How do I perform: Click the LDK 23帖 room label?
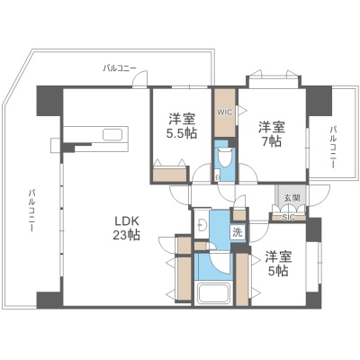tap(126, 228)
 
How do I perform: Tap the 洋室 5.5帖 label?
tap(182, 126)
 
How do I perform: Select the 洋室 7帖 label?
tap(272, 134)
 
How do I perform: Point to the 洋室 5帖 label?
tap(278, 264)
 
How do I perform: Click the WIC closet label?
tap(225, 112)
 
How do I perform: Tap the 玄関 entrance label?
tap(292, 198)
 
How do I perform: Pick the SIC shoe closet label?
tap(289, 218)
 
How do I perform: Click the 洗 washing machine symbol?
tap(238, 232)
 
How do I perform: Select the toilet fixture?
tap(224, 157)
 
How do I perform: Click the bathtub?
tap(213, 294)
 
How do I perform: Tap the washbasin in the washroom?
tap(202, 224)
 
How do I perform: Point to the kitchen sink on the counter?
tap(112, 134)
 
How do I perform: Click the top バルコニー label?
tap(120, 68)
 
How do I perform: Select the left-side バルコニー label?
tap(31, 211)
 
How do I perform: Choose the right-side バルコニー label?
tap(333, 148)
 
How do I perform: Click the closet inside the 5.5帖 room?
tap(170, 175)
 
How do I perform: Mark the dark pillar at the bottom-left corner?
tap(49, 299)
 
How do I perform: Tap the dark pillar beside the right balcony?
tap(319, 101)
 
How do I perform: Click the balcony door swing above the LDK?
tap(140, 78)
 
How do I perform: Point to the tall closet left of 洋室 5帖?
tap(242, 279)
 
